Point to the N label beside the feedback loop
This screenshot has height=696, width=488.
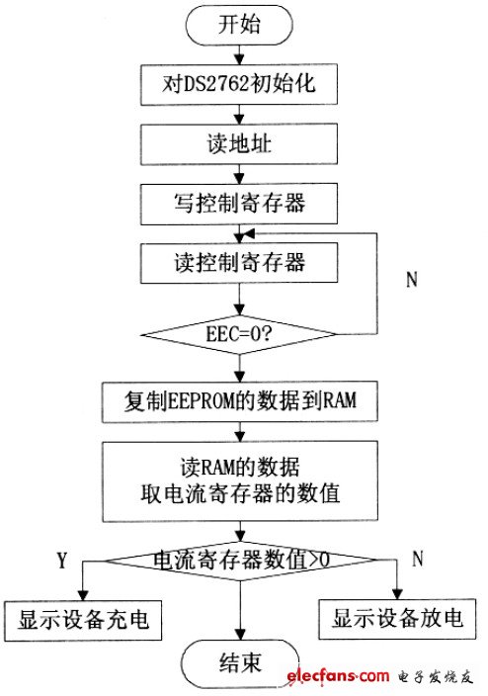tap(412, 279)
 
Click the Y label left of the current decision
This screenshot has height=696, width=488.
tap(61, 561)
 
